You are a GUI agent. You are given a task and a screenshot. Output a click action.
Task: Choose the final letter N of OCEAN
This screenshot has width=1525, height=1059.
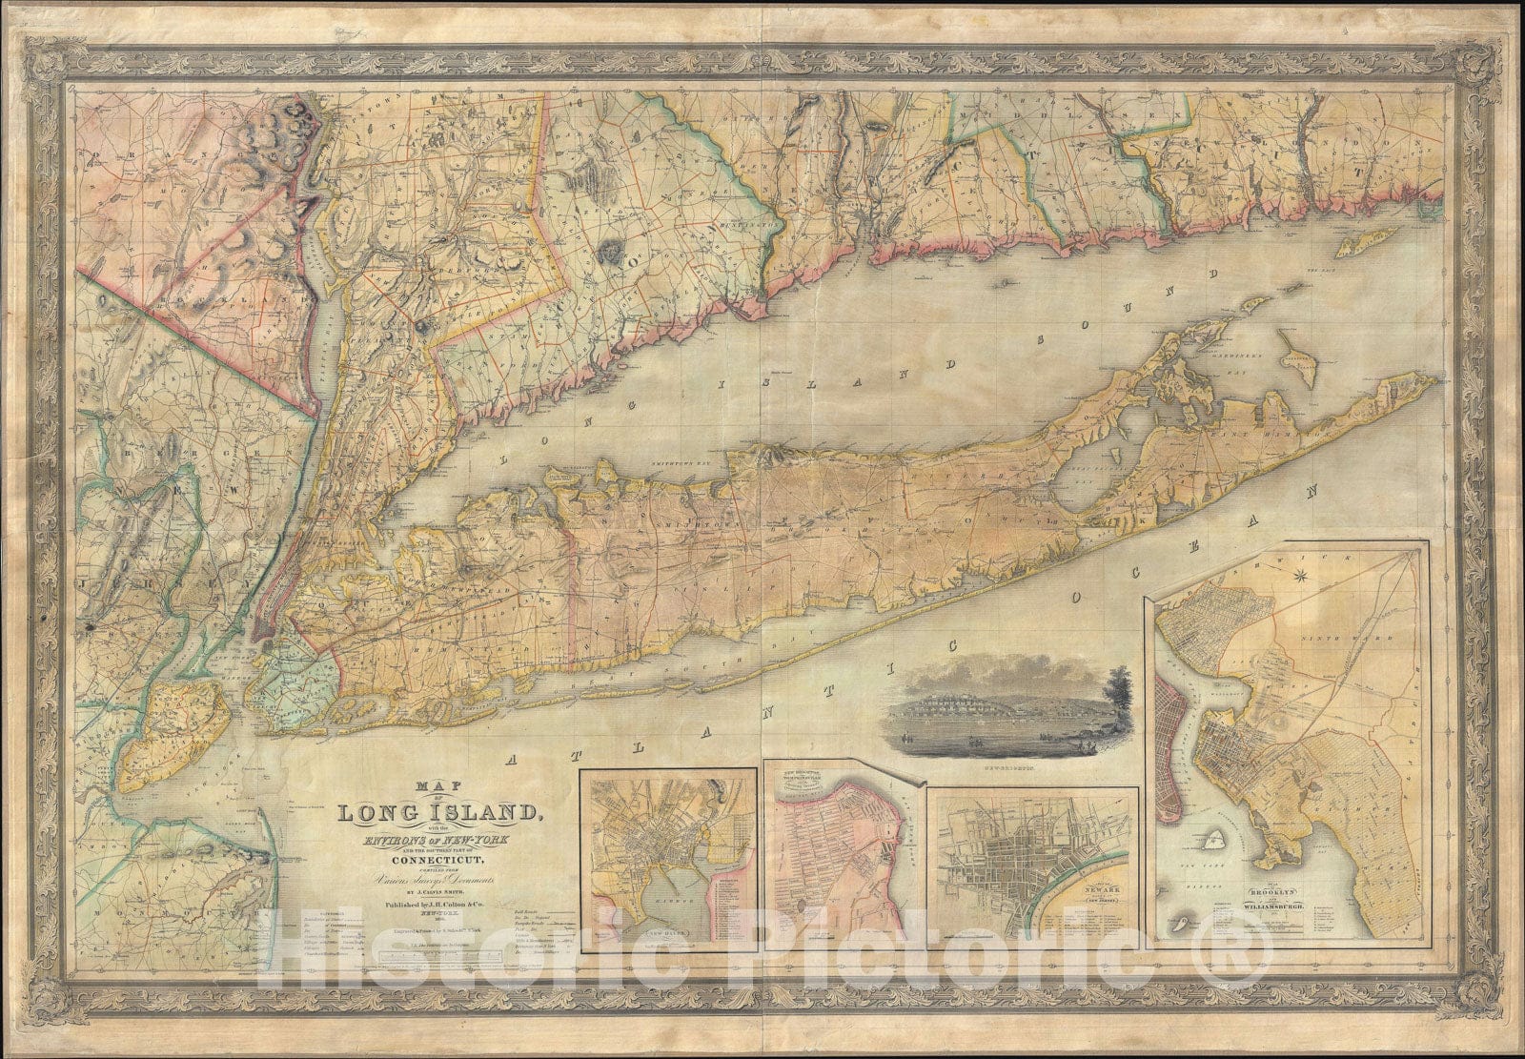1316,491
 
